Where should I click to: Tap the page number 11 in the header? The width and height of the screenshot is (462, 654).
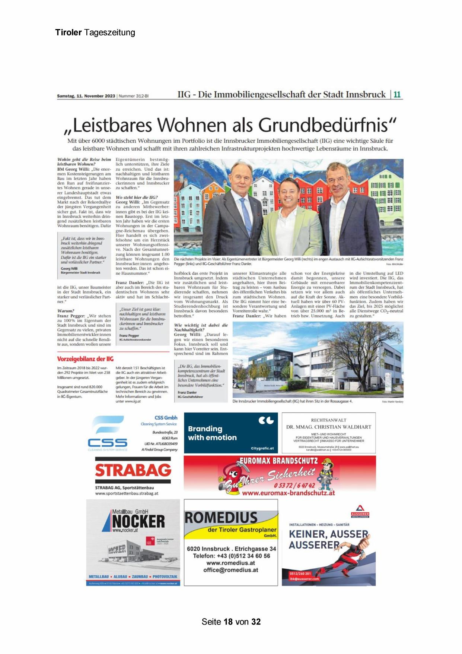coord(397,95)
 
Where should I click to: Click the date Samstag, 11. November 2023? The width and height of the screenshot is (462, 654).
coord(86,96)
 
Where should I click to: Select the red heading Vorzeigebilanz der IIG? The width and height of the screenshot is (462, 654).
coord(85,359)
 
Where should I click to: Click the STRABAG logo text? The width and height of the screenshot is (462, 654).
coord(133,470)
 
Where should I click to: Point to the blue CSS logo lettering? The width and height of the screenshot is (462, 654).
coord(108,442)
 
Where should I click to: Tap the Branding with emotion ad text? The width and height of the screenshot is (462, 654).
coord(212,433)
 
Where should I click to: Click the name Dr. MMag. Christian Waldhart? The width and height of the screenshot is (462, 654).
coord(329,427)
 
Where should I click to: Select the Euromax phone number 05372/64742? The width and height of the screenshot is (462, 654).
coord(294,485)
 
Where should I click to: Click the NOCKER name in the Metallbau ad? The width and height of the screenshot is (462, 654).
coord(138,521)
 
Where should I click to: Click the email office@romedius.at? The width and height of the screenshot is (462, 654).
coord(230,570)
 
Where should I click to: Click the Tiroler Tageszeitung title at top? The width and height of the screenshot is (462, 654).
coord(95,32)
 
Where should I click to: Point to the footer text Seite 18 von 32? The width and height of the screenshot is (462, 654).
coord(231,622)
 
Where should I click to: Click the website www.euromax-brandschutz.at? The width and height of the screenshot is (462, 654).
coord(288,493)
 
